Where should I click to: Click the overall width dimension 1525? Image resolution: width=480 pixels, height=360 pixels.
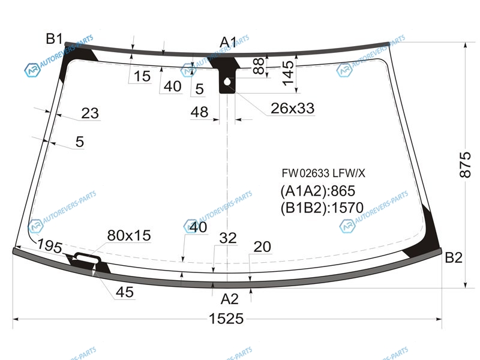226,319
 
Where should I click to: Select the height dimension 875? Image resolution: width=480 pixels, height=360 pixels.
465,164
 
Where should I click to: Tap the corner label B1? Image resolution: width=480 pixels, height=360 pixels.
54,39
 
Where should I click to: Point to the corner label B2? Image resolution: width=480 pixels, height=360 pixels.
454,257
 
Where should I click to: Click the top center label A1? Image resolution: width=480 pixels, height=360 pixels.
229,42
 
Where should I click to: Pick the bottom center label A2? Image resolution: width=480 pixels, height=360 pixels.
230,299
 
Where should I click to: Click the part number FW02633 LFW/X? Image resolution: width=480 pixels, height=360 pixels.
323,173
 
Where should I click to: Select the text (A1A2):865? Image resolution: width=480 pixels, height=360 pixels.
318,191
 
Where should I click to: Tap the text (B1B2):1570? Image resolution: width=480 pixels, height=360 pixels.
322,208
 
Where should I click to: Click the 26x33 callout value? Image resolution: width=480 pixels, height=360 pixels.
292,108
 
